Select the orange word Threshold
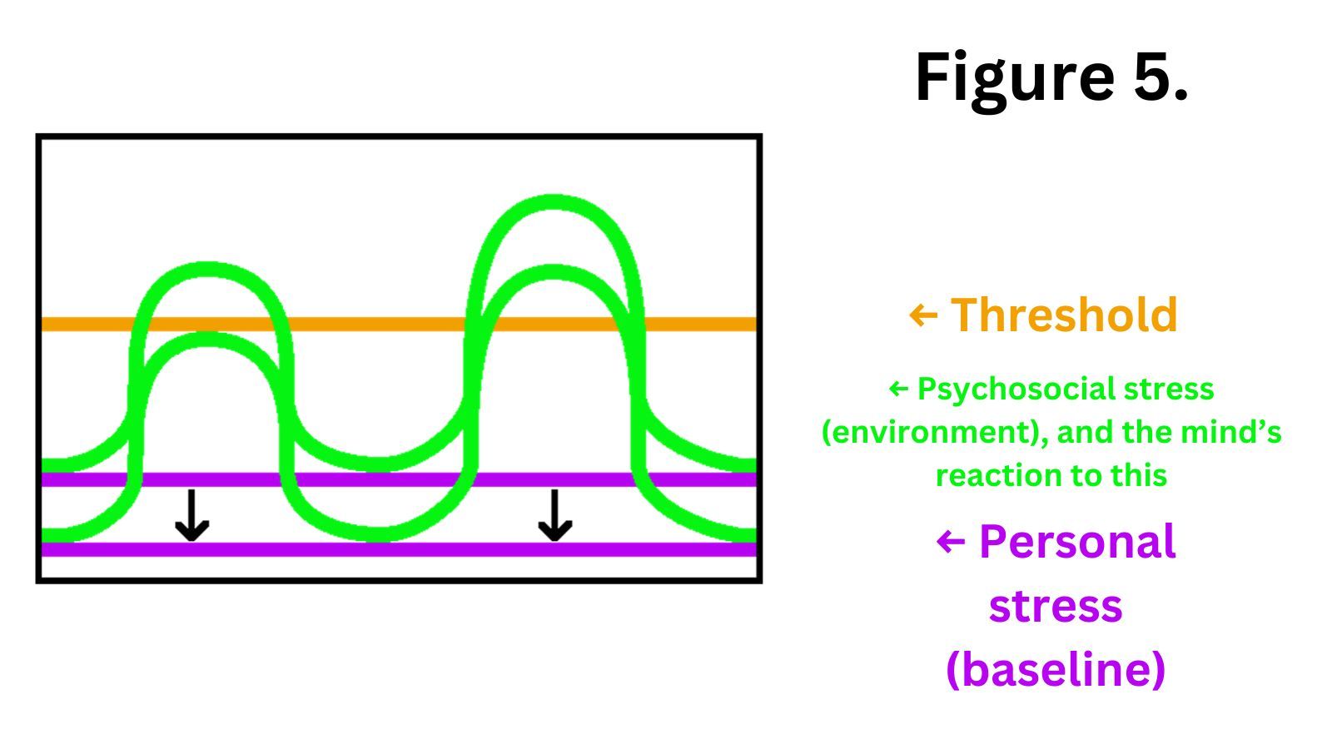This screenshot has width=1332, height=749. pyautogui.click(x=1064, y=315)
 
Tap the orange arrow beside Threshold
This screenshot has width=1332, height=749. pyautogui.click(x=922, y=315)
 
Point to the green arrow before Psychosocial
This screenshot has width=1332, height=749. pyautogui.click(x=898, y=389)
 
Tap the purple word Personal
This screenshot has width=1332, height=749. pyautogui.click(x=1076, y=542)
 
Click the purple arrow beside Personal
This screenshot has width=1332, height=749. pyautogui.click(x=950, y=543)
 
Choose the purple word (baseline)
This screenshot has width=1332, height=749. pyautogui.click(x=1055, y=668)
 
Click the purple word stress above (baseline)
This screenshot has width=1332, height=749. pyautogui.click(x=1055, y=606)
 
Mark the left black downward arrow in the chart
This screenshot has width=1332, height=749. pyautogui.click(x=191, y=516)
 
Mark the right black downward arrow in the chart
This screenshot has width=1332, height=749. pyautogui.click(x=554, y=516)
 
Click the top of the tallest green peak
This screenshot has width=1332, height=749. pyautogui.click(x=554, y=201)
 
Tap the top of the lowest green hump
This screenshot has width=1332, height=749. pyautogui.click(x=208, y=339)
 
